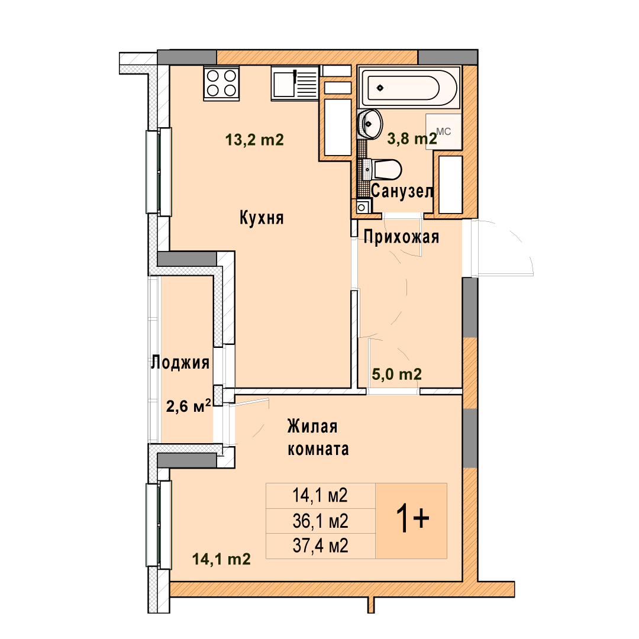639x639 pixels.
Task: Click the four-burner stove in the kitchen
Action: click(x=221, y=83)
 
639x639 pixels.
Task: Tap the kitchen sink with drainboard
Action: click(x=295, y=83)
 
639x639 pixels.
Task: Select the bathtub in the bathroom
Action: click(x=409, y=88)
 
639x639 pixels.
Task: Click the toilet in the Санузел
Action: click(x=382, y=169)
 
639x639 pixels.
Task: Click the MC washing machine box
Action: click(x=443, y=131)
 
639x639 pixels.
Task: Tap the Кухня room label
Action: click(x=262, y=218)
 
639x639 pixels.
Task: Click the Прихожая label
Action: click(x=401, y=237)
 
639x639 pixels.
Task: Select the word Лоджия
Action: click(x=180, y=362)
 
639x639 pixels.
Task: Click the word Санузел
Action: click(x=402, y=191)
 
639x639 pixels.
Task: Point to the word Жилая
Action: click(x=312, y=427)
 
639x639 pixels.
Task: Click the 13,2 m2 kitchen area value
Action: click(x=254, y=140)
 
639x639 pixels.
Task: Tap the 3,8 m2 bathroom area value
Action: click(x=412, y=138)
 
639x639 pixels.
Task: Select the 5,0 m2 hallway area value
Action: click(x=397, y=374)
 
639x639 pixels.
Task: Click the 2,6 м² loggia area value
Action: click(x=189, y=405)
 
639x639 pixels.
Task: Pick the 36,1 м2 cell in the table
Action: click(x=321, y=521)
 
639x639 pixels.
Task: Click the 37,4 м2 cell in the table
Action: click(x=321, y=546)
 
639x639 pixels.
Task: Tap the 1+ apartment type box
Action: click(x=411, y=521)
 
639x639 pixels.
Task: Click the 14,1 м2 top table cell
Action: click(x=321, y=496)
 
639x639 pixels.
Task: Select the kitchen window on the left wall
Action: click(x=159, y=171)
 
